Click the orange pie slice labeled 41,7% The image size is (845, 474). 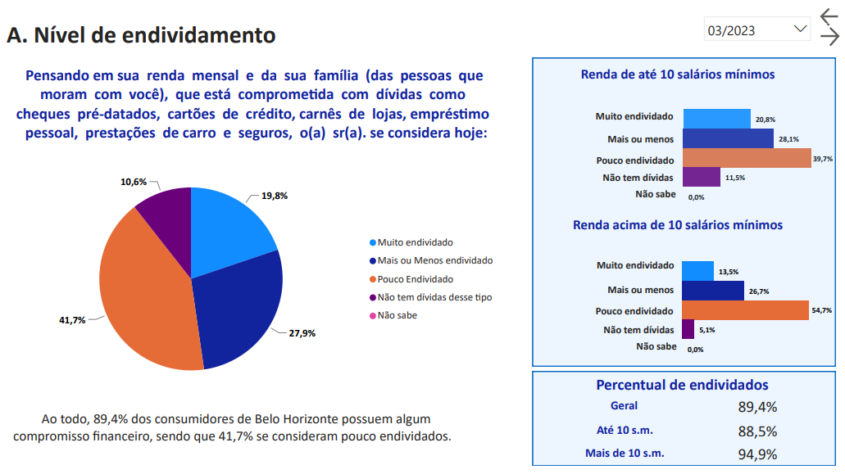(143, 287)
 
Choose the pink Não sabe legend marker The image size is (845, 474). (373, 315)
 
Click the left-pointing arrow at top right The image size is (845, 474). (829, 18)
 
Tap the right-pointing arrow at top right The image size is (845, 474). (829, 38)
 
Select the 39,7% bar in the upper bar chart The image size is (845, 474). (746, 159)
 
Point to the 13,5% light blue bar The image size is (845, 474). (697, 271)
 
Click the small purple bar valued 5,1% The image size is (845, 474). (688, 329)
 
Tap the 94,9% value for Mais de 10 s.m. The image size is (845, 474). (757, 454)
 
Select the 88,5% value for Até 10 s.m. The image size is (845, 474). (757, 431)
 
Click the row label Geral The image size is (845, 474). (625, 406)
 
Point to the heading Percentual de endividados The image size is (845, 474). (682, 385)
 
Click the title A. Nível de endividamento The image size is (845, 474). (141, 35)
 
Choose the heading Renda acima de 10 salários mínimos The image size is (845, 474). (678, 225)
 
